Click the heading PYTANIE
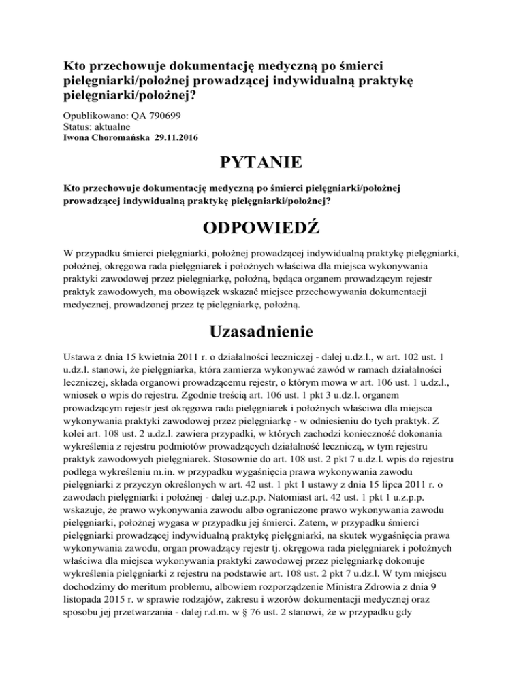pyautogui.click(x=261, y=165)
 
